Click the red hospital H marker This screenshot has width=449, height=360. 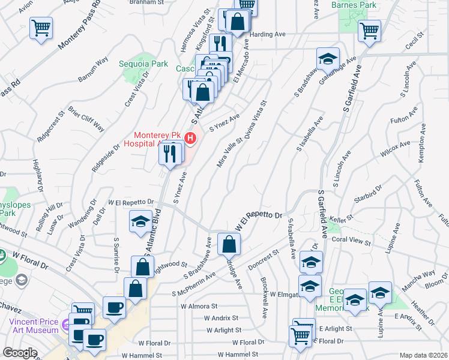point(191,139)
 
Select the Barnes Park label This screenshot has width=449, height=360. point(352,5)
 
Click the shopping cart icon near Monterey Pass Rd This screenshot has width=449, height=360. point(41,28)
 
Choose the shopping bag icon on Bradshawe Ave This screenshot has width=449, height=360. point(229,244)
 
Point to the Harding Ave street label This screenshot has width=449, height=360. point(268,35)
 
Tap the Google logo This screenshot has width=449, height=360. point(20,353)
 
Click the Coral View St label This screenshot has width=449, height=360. point(351,241)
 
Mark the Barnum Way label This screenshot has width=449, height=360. point(92,68)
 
